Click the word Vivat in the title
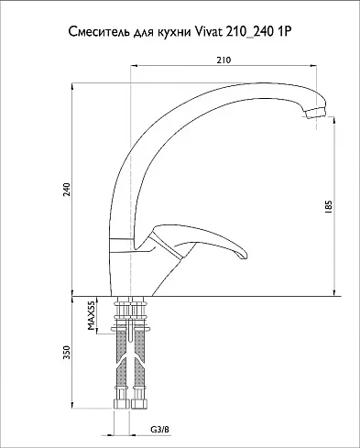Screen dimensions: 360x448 (208, 31)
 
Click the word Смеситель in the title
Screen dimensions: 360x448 (99, 32)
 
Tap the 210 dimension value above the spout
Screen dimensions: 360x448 (224, 60)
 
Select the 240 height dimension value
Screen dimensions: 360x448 (67, 190)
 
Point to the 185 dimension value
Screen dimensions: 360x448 (328, 207)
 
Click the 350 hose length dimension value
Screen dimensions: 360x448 (67, 352)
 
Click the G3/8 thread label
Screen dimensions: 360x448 (159, 430)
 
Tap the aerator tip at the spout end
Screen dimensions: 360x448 (316, 113)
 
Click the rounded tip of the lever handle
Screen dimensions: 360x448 (243, 255)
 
